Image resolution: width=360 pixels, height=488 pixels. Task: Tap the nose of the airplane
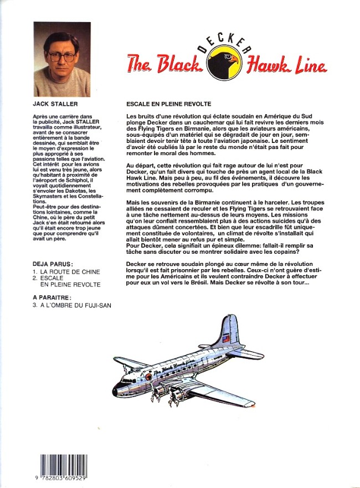[x=115, y=391]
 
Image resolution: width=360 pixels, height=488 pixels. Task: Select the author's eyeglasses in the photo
[x=60, y=55]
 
